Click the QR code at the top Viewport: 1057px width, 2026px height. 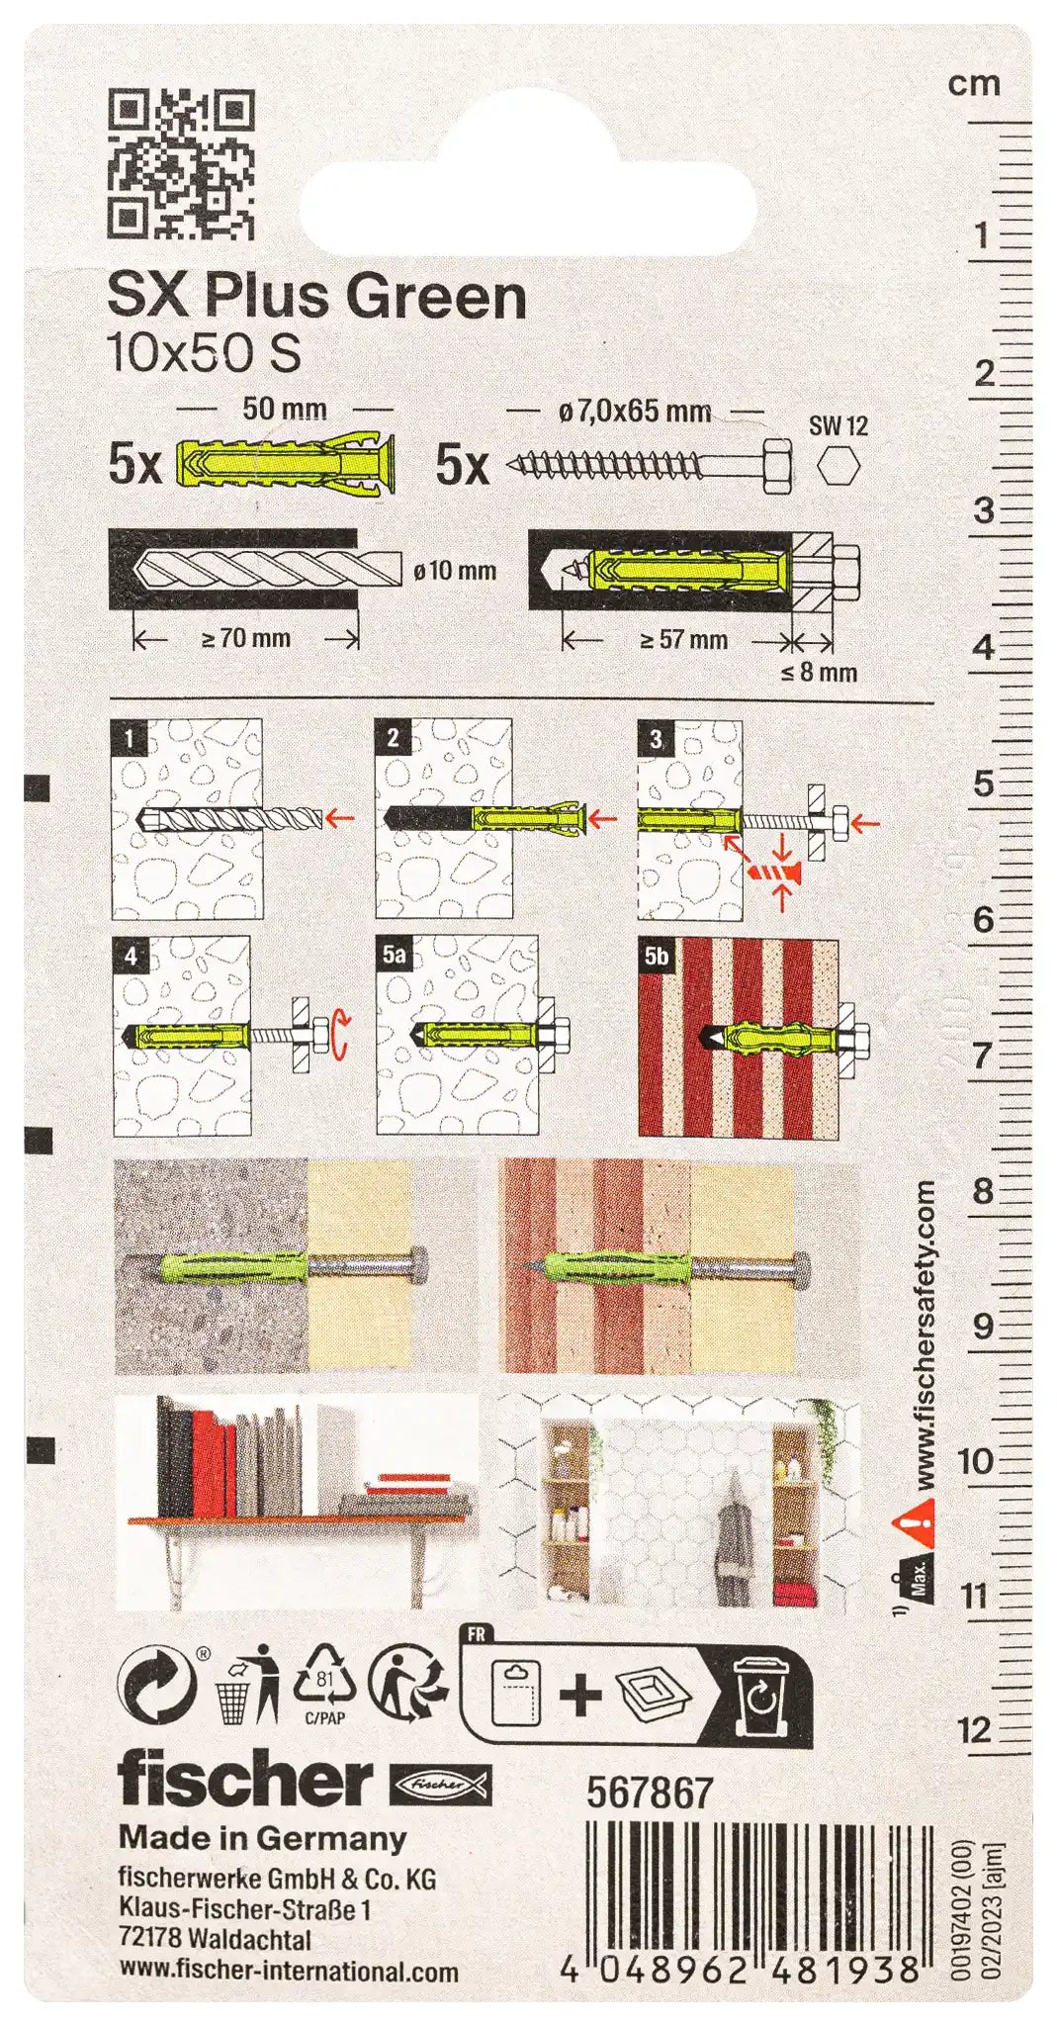[x=181, y=164]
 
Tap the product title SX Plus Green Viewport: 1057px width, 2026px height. [x=316, y=296]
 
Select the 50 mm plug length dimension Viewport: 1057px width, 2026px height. [x=285, y=409]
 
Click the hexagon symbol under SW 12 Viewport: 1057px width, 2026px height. [x=838, y=465]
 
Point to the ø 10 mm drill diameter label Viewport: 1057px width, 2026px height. [x=455, y=571]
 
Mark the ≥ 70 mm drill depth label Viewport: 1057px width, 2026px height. [x=246, y=639]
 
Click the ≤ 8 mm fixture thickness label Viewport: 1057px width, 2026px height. [x=819, y=674]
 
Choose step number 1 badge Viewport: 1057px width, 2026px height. [x=130, y=737]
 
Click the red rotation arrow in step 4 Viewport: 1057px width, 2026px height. [x=341, y=1034]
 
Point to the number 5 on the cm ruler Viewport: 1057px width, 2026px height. [x=982, y=783]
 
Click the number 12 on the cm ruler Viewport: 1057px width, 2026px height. [x=975, y=1730]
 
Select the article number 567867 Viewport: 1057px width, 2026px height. [x=650, y=1792]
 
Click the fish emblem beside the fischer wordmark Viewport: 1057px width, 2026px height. [x=441, y=1783]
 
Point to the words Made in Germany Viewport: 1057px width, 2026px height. [x=263, y=1838]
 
